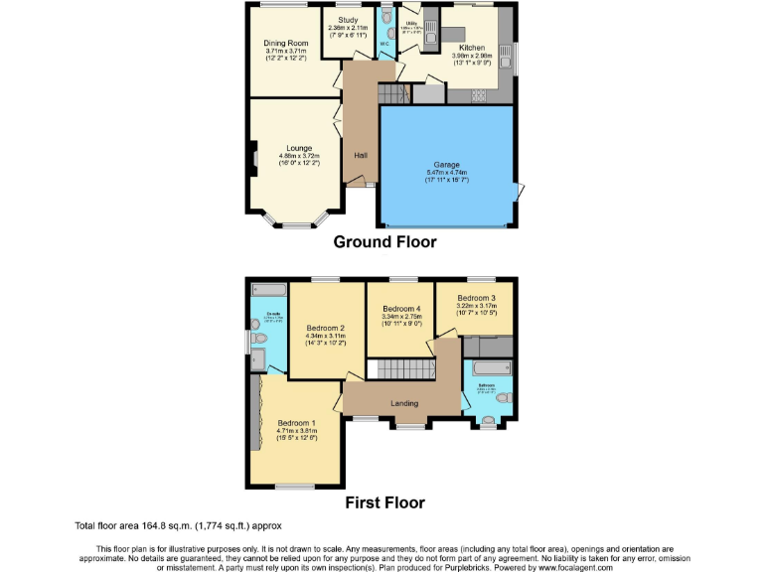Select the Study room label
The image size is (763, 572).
(348, 19)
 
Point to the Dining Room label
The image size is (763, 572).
(285, 44)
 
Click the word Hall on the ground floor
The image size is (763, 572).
(361, 155)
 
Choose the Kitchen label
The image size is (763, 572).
(471, 48)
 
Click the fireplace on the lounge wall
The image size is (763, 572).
(253, 158)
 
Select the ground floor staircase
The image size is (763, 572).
(392, 93)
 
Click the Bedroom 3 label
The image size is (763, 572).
(477, 298)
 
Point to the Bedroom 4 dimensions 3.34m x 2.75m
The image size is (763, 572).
(401, 317)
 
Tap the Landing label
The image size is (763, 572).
(404, 403)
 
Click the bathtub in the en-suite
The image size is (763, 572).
(267, 291)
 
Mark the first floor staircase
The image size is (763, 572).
(397, 370)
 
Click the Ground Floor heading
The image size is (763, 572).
(384, 241)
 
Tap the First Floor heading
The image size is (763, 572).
(384, 502)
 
